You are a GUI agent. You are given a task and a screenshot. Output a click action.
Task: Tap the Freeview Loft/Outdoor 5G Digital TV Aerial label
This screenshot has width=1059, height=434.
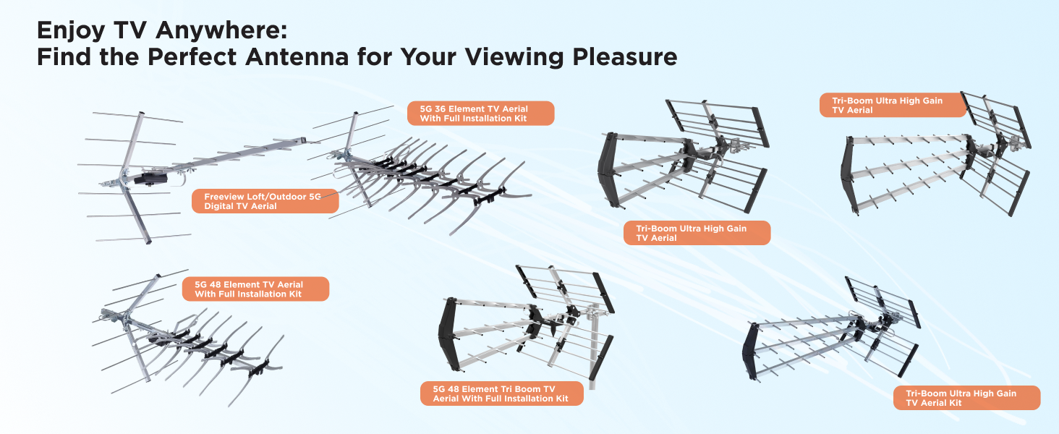[x=265, y=201]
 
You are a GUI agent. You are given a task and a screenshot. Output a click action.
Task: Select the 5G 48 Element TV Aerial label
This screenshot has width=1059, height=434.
[x=255, y=289]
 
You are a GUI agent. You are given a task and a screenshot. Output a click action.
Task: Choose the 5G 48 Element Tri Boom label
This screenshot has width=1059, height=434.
[x=502, y=393]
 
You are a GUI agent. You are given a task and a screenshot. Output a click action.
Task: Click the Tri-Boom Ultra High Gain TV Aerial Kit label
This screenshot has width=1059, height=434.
[x=966, y=398]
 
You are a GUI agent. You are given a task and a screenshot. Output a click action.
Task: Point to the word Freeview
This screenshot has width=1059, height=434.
[x=226, y=196]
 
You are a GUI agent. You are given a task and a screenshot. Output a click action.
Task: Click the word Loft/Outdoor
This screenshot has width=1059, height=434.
[x=277, y=196]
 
